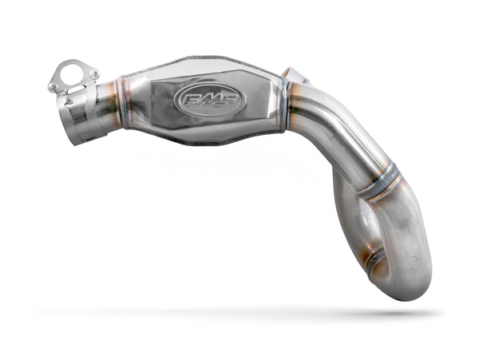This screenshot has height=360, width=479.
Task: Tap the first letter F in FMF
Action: tap(192, 101)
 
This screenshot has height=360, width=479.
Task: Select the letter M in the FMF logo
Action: tap(209, 100)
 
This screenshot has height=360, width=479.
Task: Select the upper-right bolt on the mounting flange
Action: tap(94, 74)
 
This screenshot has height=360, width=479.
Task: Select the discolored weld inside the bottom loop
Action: tap(372, 262)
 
